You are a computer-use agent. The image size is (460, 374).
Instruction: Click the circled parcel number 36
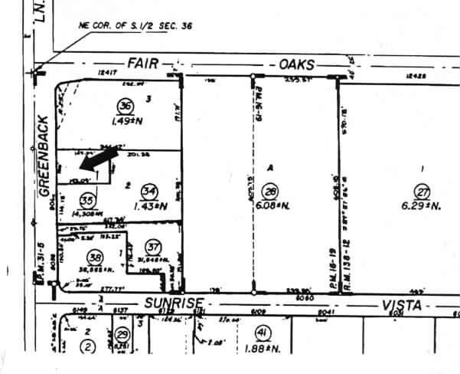point(123,105)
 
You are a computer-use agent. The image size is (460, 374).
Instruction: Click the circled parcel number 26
point(270,191)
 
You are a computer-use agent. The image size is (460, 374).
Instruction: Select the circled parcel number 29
point(122,335)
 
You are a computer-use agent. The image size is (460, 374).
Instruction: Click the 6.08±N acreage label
point(272,206)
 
